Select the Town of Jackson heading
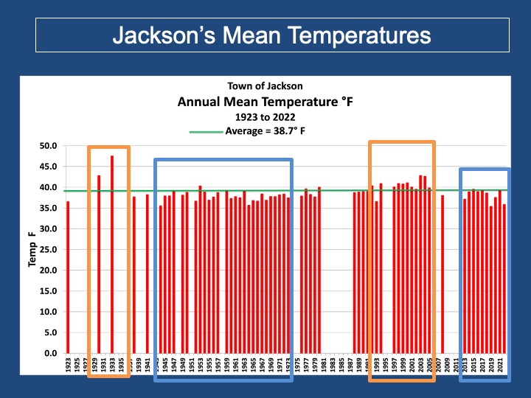265,86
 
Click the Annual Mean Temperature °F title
265,102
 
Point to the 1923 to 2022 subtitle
265,116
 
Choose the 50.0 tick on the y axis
47,146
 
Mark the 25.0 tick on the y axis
47,250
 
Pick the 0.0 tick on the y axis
49,354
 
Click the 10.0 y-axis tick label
47,312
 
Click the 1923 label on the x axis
68,366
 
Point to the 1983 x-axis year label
333,366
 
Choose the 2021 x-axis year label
500,366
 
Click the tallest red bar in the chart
112,258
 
